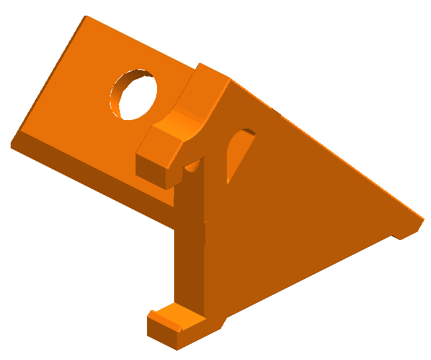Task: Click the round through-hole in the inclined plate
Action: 135,95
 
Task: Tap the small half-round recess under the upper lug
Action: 193,166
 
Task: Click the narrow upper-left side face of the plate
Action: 46,79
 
